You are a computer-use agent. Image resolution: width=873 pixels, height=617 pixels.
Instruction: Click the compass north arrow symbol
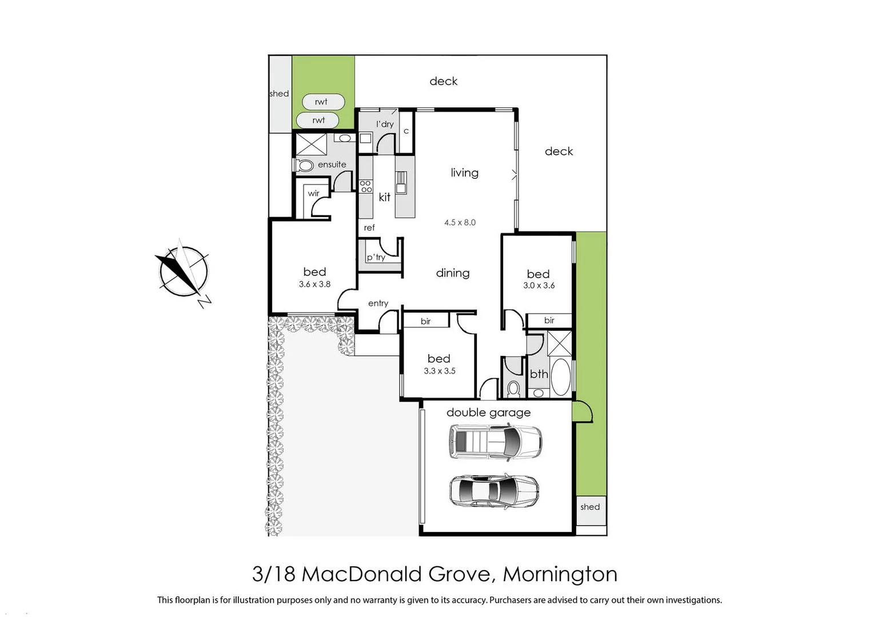pos(184,271)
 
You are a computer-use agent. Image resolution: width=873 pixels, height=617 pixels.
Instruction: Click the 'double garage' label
pos(488,412)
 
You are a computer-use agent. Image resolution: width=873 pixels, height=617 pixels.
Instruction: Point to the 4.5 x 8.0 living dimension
pos(460,222)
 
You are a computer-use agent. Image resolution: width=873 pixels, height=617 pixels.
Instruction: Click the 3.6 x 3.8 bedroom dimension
pos(314,284)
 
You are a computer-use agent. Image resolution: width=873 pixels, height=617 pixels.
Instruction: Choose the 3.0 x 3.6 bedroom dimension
pos(539,285)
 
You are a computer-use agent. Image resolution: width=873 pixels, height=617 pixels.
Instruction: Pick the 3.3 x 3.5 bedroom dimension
pos(439,371)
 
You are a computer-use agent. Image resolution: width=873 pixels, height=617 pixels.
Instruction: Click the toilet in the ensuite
pos(305,166)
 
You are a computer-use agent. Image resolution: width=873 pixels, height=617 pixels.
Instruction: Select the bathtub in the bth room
pos(560,376)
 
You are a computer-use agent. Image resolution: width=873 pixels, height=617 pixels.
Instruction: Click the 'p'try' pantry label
pos(376,257)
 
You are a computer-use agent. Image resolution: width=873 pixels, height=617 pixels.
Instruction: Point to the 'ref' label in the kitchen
pos(369,227)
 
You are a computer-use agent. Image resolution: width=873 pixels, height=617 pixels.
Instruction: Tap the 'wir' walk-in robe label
pos(313,193)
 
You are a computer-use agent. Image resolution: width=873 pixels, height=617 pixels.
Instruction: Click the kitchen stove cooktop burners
pos(366,186)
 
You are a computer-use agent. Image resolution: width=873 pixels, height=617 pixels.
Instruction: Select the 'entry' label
pos(378,303)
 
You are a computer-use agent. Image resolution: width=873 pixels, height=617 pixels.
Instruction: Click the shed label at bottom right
pos(590,507)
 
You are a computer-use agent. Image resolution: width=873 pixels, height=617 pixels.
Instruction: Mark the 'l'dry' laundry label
pos(385,124)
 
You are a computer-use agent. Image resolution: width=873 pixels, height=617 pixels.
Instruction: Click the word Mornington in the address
pos(560,574)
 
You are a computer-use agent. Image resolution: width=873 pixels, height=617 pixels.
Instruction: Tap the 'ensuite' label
pos(332,165)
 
